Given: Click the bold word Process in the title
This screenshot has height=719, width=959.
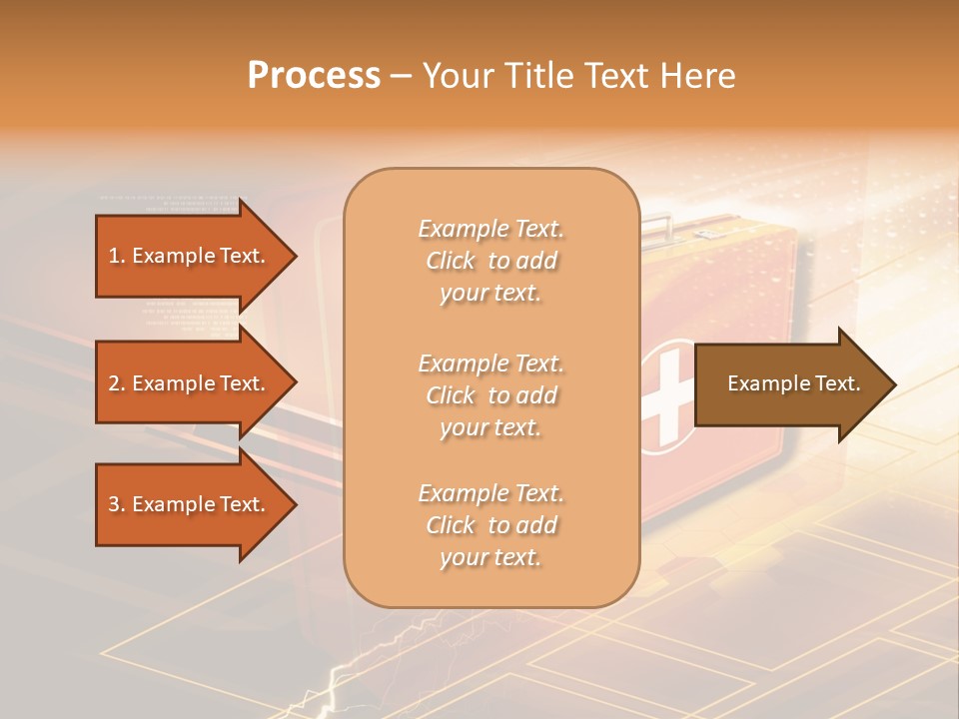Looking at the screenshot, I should click(x=314, y=76).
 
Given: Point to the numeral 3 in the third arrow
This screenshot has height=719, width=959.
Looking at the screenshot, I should click(x=114, y=504).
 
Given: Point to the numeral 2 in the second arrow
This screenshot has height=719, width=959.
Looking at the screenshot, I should click(x=114, y=383).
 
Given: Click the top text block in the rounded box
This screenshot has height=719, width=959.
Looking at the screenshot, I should click(x=490, y=261).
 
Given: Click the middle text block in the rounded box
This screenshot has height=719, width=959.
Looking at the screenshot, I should click(x=490, y=395).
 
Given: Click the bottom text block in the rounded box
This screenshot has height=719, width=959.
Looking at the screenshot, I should click(x=490, y=525).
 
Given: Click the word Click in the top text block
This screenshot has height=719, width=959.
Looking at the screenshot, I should click(x=451, y=262).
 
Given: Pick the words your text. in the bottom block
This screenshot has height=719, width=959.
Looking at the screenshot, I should click(x=490, y=558).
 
